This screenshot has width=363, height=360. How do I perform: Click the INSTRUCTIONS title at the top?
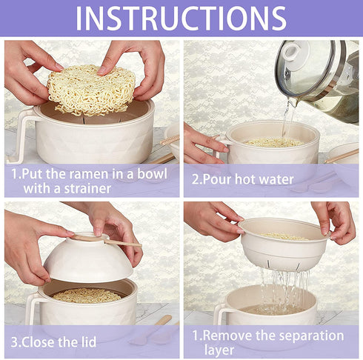pyautogui.click(x=181, y=19)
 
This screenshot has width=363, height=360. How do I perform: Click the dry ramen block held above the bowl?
pyautogui.click(x=91, y=90)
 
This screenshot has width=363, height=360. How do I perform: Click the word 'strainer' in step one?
pyautogui.click(x=87, y=189)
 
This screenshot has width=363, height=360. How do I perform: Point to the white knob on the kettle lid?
pyautogui.click(x=295, y=54)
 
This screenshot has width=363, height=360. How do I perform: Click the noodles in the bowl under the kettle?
pyautogui.click(x=273, y=142)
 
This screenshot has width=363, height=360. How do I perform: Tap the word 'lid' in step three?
pyautogui.click(x=88, y=341)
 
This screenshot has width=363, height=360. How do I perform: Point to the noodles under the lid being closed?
pyautogui.click(x=87, y=296)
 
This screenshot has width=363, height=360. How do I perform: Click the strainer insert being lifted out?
pyautogui.click(x=284, y=243)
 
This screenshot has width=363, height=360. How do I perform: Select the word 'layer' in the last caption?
pyautogui.click(x=219, y=350)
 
